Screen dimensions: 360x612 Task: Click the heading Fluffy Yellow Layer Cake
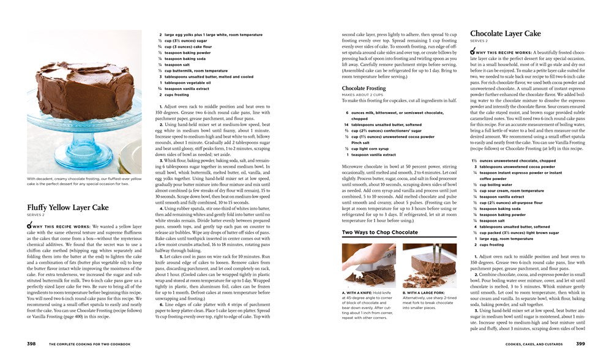[67, 208]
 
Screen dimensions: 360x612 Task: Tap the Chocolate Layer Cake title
[505, 33]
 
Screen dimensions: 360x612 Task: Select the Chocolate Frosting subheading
[364, 88]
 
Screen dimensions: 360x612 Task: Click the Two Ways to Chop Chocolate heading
[379, 233]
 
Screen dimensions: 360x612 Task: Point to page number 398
[31, 344]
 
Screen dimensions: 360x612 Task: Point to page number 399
[580, 344]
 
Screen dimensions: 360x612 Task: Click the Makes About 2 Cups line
[365, 95]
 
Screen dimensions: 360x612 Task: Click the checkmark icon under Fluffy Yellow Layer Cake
[31, 226]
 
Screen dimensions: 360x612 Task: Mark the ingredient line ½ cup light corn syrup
[371, 149]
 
